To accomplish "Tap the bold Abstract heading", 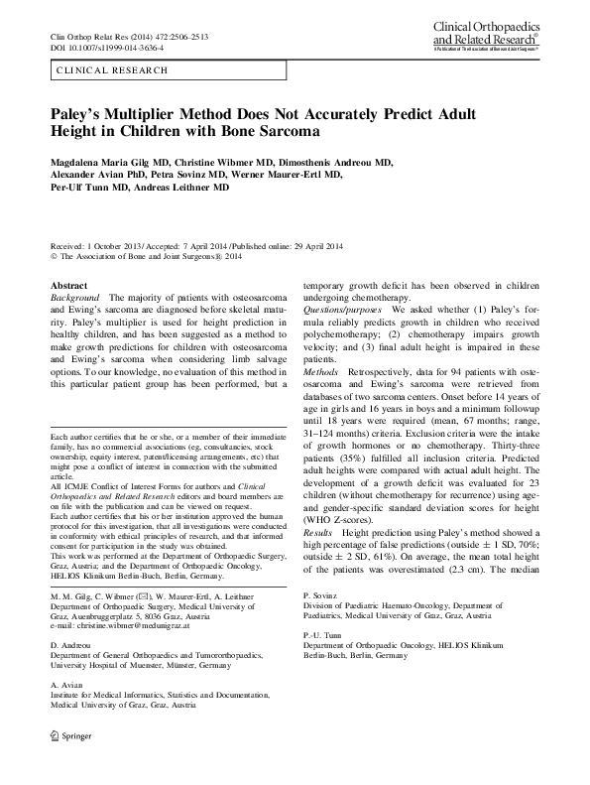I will coord(68,285).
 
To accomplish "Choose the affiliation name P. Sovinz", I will coord(319,593).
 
